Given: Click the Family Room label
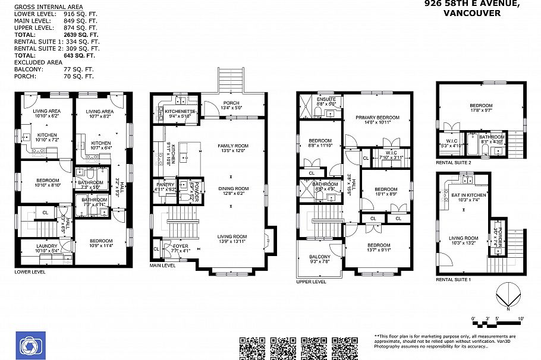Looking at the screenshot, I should [x=232, y=146].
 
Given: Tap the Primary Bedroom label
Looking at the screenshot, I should [x=378, y=118].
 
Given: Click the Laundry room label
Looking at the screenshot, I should [x=47, y=246].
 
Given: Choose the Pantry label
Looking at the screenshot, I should [x=166, y=185].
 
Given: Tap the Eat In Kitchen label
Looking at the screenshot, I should [x=469, y=195].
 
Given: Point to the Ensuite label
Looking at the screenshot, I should [x=326, y=99].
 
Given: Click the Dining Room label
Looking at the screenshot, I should [x=232, y=189].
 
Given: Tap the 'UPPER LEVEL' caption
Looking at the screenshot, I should [x=312, y=282].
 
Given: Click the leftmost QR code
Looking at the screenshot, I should [x=251, y=348].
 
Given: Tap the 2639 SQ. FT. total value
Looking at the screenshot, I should [x=80, y=35].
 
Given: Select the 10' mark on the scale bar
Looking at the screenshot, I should [x=520, y=319].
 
